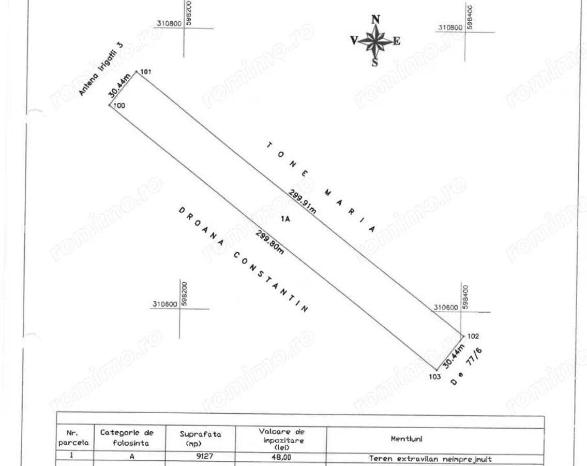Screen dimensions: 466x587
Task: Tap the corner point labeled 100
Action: pos(110,105)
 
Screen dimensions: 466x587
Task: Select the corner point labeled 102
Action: pos(462,336)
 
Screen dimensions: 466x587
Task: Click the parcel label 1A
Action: pos(285,219)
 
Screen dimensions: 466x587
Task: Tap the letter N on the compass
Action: pos(376,20)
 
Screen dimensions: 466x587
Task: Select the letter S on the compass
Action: pos(375,62)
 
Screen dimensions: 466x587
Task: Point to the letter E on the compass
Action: pos(397,41)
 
